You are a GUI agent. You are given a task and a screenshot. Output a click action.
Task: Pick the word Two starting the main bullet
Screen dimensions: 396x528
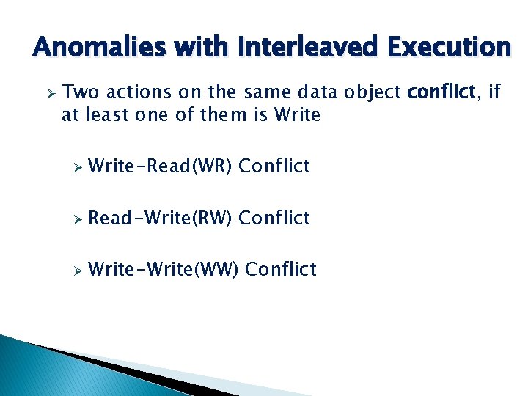click(78, 92)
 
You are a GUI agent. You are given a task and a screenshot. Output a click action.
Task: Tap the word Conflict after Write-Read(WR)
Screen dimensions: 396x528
click(274, 166)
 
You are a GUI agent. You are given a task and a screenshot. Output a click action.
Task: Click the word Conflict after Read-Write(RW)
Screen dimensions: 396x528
click(274, 218)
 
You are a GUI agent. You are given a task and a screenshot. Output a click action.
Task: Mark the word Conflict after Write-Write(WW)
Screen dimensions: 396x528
click(281, 269)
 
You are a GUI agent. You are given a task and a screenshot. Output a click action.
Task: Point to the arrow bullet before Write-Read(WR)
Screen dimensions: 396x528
click(74, 167)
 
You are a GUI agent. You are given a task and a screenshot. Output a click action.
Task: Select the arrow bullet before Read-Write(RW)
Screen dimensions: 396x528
click(74, 219)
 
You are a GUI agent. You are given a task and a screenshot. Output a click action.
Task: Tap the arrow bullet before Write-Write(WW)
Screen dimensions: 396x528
click(74, 270)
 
